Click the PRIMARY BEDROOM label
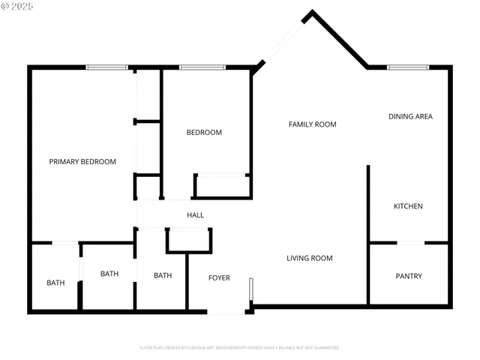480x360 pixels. (x=82, y=161)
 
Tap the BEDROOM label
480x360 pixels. (x=204, y=133)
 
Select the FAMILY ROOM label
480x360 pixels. (x=312, y=124)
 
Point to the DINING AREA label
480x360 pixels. (x=410, y=116)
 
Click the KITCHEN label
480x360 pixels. (x=409, y=206)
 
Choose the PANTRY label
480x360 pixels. (x=409, y=276)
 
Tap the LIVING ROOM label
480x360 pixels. (x=309, y=258)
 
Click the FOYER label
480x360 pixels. (x=219, y=278)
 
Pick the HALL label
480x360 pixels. (x=195, y=215)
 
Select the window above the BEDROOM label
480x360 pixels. (x=202, y=67)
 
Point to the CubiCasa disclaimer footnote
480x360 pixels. (x=239, y=348)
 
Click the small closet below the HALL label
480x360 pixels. (x=189, y=240)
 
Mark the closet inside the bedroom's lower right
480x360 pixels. (x=222, y=185)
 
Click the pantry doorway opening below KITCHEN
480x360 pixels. (x=410, y=242)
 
